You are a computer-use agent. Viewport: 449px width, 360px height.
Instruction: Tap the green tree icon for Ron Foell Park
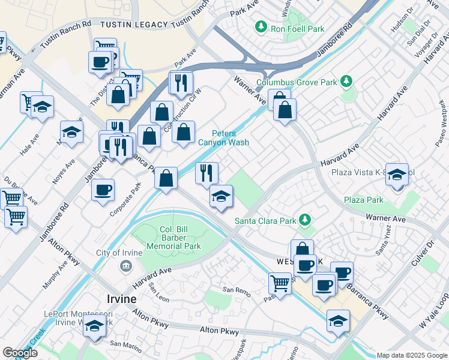261,26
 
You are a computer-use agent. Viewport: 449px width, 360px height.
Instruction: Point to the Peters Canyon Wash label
223,138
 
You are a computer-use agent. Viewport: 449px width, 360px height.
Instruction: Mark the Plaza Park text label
363,200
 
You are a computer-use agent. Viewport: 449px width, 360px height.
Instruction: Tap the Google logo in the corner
20,353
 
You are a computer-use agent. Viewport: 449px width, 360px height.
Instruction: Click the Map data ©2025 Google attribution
412,355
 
